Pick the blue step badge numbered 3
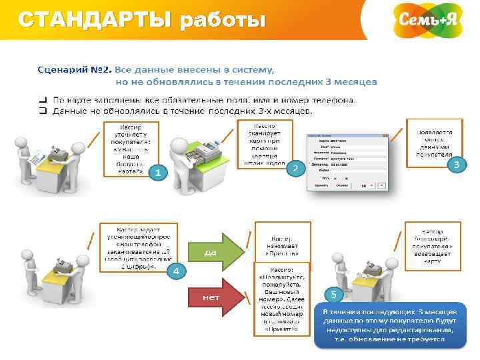click(x=456, y=164)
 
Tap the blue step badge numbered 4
click(x=175, y=271)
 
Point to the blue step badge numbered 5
click(x=332, y=294)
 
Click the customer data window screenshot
click(x=347, y=163)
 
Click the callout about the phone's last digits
click(x=131, y=247)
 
